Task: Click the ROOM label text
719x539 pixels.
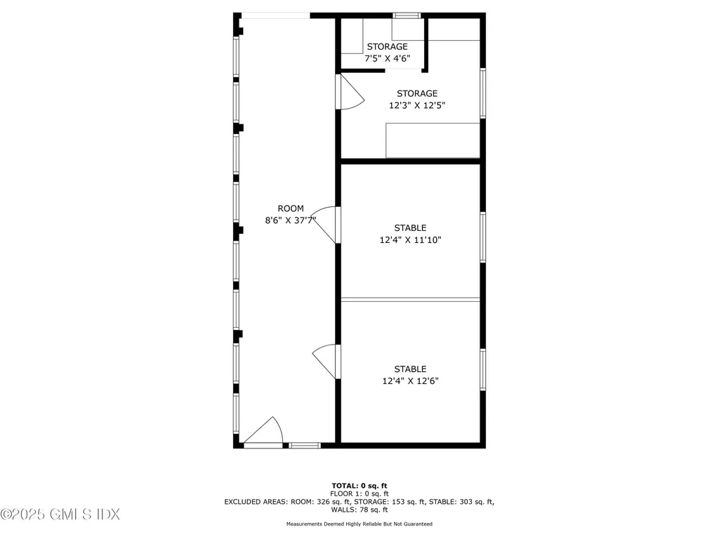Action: pyautogui.click(x=291, y=208)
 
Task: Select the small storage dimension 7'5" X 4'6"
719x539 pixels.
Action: pyautogui.click(x=387, y=59)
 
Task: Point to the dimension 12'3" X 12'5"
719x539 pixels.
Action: pyautogui.click(x=417, y=105)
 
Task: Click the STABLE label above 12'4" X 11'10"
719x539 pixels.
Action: pyautogui.click(x=410, y=228)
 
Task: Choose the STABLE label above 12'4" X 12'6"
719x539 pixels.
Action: pyautogui.click(x=410, y=369)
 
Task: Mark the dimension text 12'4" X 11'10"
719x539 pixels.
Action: pyautogui.click(x=411, y=240)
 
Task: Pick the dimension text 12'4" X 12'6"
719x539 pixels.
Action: pyautogui.click(x=410, y=381)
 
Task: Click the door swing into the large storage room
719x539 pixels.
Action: pyautogui.click(x=350, y=93)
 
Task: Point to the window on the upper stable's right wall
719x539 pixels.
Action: pyautogui.click(x=483, y=237)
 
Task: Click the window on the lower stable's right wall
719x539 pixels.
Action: pyautogui.click(x=483, y=369)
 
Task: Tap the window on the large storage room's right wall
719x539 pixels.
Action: pyautogui.click(x=483, y=93)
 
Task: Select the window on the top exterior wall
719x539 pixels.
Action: pyautogui.click(x=407, y=15)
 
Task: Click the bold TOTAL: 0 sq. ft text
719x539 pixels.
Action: pyautogui.click(x=359, y=486)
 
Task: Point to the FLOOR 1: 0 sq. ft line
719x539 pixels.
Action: pyautogui.click(x=359, y=494)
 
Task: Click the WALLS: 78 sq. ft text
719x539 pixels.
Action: pyautogui.click(x=359, y=510)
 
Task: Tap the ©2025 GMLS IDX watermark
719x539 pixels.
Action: pyautogui.click(x=60, y=514)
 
